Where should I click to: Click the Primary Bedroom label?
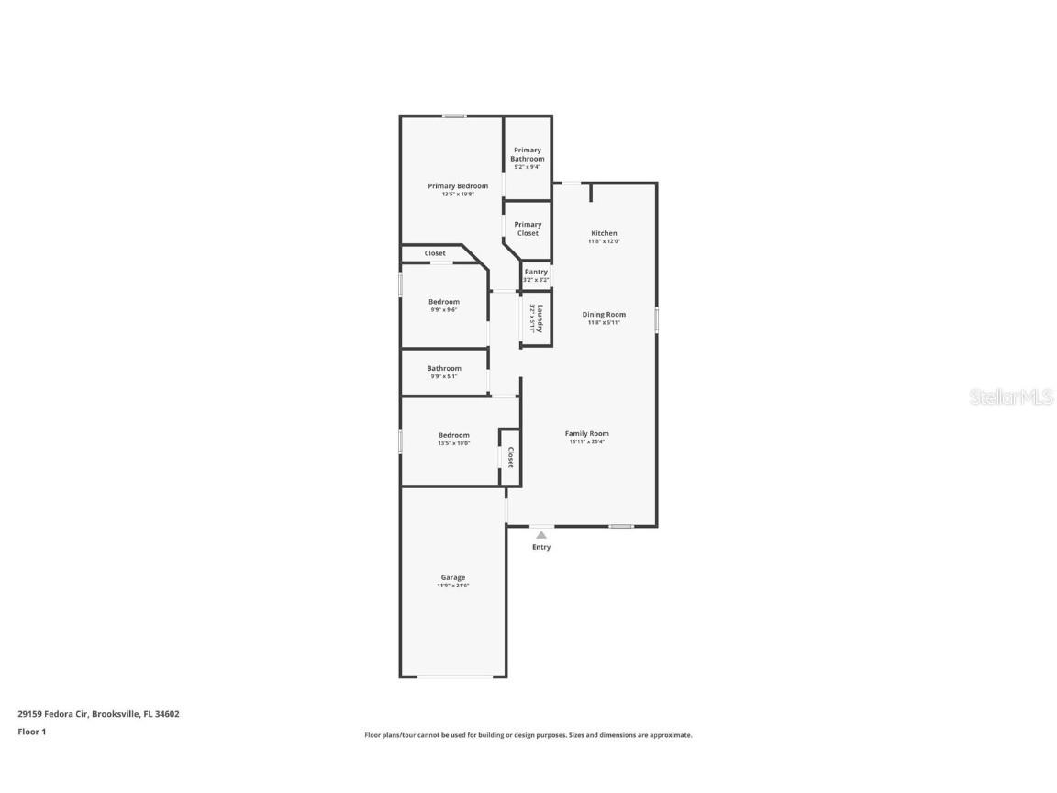tap(458, 186)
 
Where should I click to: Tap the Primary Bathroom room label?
tap(528, 154)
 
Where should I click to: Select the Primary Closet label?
tap(528, 229)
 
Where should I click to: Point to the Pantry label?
tap(536, 272)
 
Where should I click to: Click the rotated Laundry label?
tap(540, 318)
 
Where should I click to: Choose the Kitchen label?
tap(604, 233)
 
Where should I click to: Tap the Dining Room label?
tap(604, 315)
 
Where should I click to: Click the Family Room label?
tap(587, 433)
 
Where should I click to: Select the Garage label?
tap(453, 577)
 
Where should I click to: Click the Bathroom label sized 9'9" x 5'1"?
tap(444, 368)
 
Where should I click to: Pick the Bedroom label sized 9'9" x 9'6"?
tap(444, 302)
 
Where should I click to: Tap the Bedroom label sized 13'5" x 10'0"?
tap(453, 435)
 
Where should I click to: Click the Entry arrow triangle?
tap(541, 534)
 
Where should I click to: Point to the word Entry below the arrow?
tap(541, 548)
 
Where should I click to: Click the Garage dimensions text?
tap(453, 586)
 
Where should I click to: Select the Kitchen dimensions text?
tap(604, 241)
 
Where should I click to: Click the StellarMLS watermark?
tap(1011, 397)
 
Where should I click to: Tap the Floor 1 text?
tap(31, 732)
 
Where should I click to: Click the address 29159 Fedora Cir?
tap(53, 713)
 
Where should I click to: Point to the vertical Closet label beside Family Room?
tap(510, 457)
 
